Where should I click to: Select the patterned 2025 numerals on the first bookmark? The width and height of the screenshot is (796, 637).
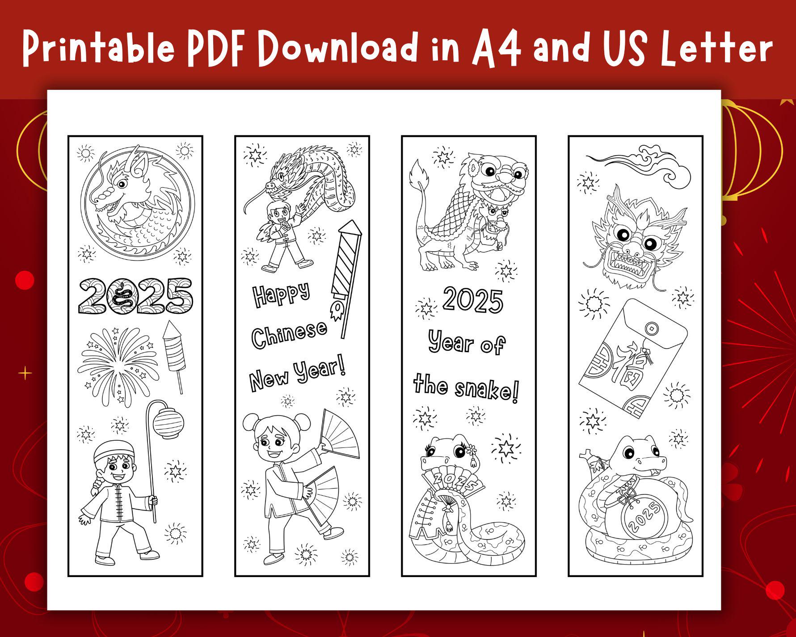pyautogui.click(x=135, y=296)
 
